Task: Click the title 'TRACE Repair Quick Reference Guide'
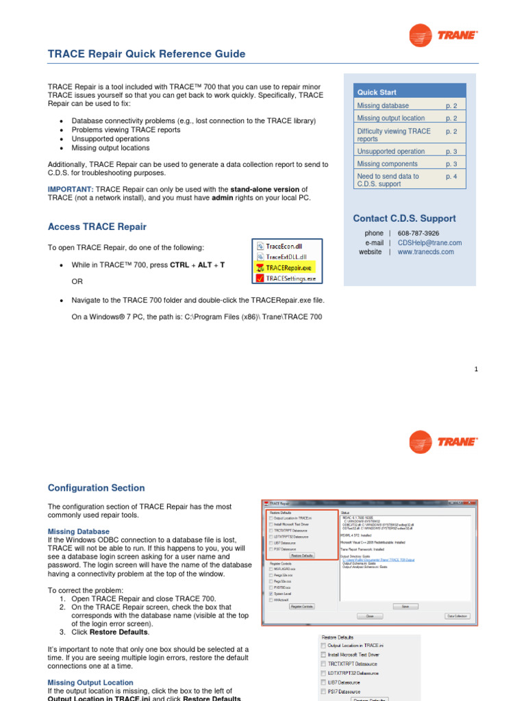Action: [x=146, y=54]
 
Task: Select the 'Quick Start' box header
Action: [x=376, y=92]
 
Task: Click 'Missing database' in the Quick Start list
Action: [x=383, y=105]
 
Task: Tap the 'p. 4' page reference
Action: [x=451, y=176]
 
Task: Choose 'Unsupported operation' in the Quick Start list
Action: [x=391, y=151]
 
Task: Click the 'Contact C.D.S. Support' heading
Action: [x=403, y=218]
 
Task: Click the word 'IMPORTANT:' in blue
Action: [x=71, y=189]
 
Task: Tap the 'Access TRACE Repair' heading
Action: [x=97, y=227]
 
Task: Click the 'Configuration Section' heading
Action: [x=96, y=488]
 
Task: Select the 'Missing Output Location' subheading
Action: [x=90, y=683]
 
